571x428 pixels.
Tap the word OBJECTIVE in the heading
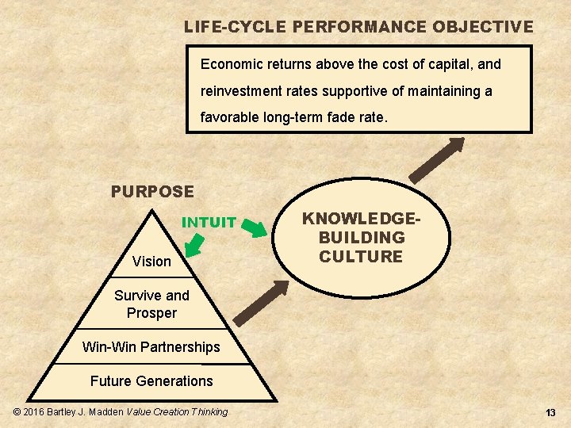483,27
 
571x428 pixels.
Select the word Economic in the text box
231,63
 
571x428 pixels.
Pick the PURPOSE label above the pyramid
152,192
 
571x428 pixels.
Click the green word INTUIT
209,223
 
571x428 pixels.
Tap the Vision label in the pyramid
151,262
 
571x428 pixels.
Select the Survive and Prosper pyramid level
151,304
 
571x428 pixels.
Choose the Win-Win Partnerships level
151,347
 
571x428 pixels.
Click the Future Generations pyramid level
151,381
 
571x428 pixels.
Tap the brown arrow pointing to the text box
435,161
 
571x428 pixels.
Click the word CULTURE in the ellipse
361,257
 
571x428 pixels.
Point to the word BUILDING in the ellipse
361,238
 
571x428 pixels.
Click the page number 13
550,413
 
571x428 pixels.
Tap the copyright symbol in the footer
18,412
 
